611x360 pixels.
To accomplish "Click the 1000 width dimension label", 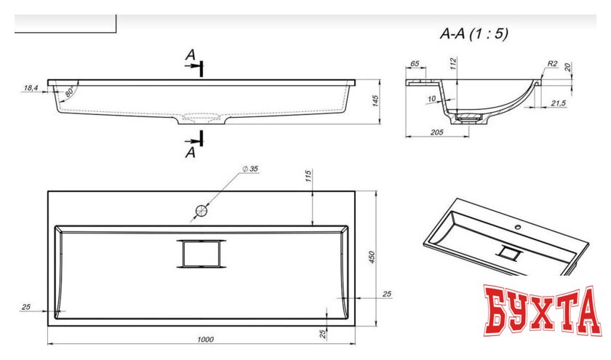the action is click(205, 340).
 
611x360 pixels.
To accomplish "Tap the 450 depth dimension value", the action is click(372, 257).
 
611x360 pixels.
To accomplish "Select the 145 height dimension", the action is click(375, 101).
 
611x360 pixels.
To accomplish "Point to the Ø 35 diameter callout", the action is click(250, 169).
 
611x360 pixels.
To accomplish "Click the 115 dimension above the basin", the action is click(308, 176).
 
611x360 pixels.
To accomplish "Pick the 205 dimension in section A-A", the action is click(437, 132).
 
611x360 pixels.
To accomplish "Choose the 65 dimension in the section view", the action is click(415, 63).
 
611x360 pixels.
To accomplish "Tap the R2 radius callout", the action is click(553, 63).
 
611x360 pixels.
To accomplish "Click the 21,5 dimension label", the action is click(558, 103).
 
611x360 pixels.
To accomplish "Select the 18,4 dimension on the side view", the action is click(31, 88).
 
